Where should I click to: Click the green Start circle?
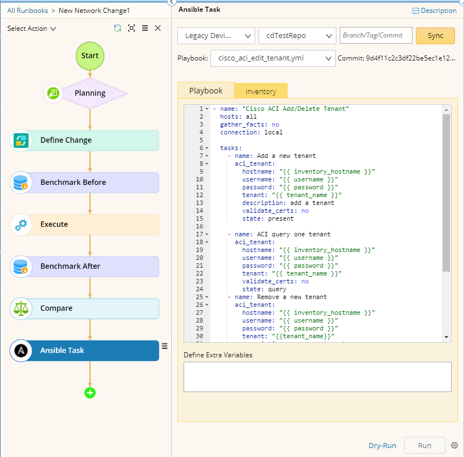90,55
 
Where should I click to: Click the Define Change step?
85,141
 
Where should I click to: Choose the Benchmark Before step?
85,183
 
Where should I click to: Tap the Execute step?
85,225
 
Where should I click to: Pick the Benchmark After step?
85,266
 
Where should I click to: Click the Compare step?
85,309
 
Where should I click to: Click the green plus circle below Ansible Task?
90,393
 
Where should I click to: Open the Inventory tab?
261,91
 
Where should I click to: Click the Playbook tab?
206,91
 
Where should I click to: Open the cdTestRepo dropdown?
297,36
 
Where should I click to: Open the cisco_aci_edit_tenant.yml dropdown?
273,58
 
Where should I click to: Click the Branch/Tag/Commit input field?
376,35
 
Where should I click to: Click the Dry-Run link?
382,445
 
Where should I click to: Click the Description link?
434,11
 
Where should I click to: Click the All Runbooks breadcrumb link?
27,11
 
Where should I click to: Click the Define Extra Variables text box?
317,377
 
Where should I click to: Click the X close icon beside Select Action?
158,28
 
